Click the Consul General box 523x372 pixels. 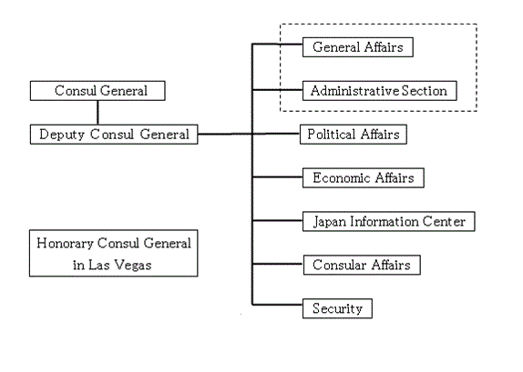97,91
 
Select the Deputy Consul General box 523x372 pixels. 114,135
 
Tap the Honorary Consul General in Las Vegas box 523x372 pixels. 113,253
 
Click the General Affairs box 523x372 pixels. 358,47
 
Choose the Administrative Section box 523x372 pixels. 380,91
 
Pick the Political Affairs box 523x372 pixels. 354,135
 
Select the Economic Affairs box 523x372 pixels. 364,178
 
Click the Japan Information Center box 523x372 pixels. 388,221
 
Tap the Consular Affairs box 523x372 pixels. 362,265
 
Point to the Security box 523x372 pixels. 337,308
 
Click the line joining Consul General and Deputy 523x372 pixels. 97,113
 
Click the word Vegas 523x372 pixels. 133,266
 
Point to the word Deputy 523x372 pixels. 62,135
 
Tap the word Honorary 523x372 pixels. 65,244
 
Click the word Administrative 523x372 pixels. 354,91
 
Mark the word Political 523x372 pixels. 332,135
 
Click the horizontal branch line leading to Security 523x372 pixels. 278,305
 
